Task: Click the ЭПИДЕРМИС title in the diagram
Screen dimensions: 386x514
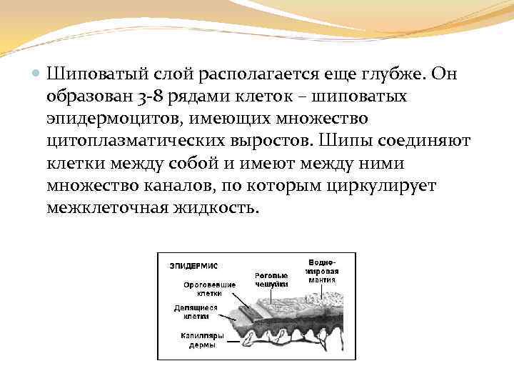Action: point(193,266)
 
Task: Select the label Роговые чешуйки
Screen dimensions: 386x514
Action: point(271,278)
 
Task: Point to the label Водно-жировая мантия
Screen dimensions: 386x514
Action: point(323,271)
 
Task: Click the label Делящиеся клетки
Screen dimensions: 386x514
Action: point(196,311)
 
